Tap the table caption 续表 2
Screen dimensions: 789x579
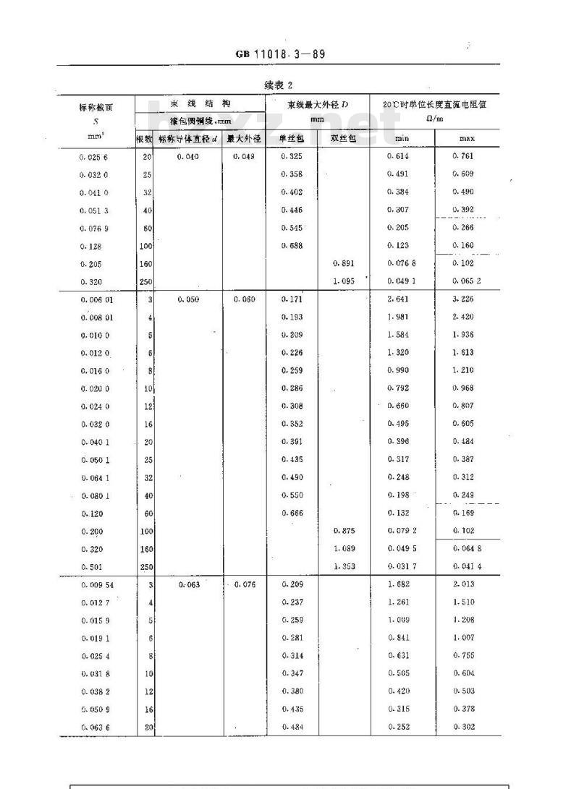click(x=279, y=85)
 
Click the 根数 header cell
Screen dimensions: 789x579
click(x=145, y=138)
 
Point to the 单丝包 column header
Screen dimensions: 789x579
click(x=292, y=138)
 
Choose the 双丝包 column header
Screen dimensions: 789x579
click(x=343, y=138)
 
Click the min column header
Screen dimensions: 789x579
click(x=402, y=138)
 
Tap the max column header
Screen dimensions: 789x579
click(x=466, y=138)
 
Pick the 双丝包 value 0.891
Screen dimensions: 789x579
click(x=343, y=263)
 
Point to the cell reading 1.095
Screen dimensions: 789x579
click(x=343, y=281)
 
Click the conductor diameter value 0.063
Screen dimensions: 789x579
click(x=188, y=584)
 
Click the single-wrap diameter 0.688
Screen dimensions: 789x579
click(x=292, y=245)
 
